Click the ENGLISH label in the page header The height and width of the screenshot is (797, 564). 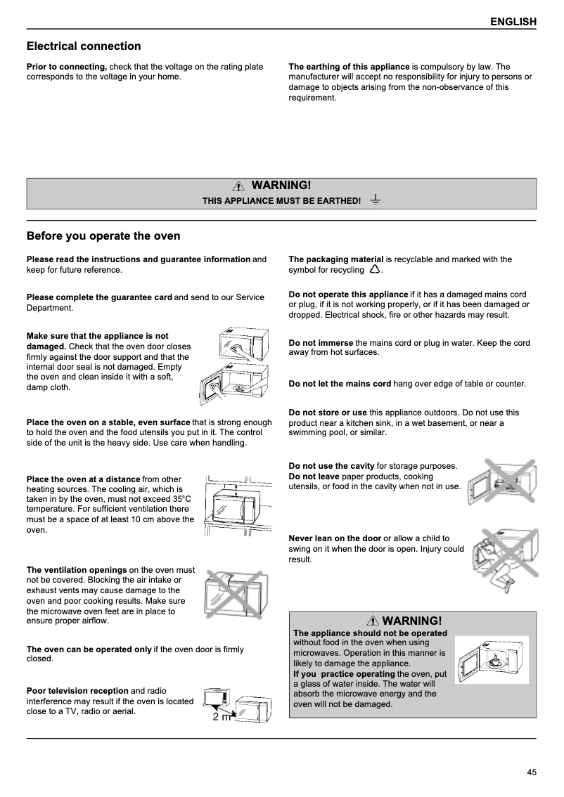[513, 22]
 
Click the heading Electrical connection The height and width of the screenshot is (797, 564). [84, 46]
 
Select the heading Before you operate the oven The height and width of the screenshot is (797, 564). [103, 236]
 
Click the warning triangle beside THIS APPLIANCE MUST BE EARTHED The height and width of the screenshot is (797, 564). [240, 186]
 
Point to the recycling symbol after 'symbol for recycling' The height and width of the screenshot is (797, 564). [374, 270]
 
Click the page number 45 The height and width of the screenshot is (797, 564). [532, 772]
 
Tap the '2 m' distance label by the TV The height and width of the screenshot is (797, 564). [221, 717]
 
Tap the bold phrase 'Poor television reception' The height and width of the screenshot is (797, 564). [77, 691]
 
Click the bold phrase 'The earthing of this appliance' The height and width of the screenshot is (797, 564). [349, 67]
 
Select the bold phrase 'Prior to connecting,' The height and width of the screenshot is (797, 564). [67, 67]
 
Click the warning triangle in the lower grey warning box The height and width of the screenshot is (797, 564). [373, 621]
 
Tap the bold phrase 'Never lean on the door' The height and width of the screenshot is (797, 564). [335, 538]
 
